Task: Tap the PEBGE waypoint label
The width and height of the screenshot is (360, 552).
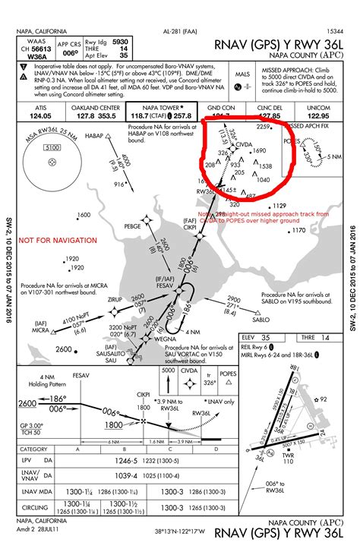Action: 133,226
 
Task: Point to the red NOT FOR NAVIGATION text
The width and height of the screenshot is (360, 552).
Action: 58,241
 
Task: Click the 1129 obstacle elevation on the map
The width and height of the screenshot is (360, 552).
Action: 279,206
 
